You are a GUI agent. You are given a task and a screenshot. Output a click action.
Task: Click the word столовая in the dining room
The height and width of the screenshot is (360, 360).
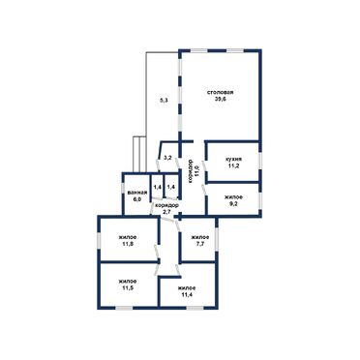(221, 93)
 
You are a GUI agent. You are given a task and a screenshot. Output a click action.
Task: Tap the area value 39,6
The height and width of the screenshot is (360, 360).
(221, 99)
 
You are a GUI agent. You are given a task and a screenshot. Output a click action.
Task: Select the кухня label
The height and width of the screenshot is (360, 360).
(233, 160)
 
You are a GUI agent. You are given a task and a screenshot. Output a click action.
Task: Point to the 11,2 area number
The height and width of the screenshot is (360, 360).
(233, 165)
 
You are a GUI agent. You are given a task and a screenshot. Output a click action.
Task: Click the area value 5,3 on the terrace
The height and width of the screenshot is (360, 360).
(164, 101)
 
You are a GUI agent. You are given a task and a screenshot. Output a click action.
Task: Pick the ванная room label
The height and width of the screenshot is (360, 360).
(137, 193)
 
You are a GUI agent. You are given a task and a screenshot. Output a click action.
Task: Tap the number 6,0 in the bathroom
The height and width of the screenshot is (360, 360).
(137, 199)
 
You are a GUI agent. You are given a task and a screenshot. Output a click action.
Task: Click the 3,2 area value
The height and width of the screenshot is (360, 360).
(167, 158)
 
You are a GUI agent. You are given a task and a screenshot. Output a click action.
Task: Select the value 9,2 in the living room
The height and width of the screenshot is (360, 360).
(234, 204)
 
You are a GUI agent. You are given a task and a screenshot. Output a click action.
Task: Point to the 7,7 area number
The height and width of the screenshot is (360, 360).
(200, 244)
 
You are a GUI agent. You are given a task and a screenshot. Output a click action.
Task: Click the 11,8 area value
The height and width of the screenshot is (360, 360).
(128, 244)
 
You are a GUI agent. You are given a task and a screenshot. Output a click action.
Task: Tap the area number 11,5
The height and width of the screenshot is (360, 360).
(128, 287)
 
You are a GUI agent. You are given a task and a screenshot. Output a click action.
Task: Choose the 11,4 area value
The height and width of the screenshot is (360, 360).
(187, 294)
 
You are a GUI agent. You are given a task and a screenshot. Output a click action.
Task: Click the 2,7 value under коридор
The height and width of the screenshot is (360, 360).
(166, 212)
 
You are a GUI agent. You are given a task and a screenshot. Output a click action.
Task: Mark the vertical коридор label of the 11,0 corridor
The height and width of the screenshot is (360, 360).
(190, 171)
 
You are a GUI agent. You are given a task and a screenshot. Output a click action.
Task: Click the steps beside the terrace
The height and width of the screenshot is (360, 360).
(139, 155)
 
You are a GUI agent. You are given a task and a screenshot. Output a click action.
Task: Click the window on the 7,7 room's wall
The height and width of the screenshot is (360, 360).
(217, 239)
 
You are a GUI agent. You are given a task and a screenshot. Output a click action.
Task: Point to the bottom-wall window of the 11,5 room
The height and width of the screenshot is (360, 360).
(125, 308)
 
